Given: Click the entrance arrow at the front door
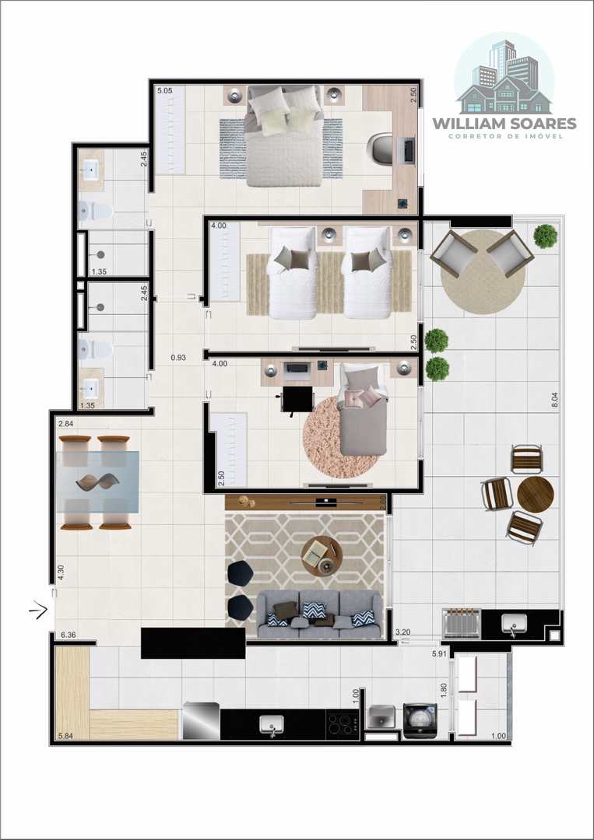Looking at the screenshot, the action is point(39,609).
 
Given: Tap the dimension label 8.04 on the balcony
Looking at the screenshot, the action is point(555,400).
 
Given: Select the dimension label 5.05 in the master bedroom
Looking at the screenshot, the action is point(164,91).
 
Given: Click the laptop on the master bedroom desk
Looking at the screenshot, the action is point(408,151).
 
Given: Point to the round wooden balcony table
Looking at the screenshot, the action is point(535,495).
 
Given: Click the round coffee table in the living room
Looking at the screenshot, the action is point(322,556).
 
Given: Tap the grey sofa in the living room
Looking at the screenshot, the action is point(320,614).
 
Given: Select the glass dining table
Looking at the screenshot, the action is point(98,482).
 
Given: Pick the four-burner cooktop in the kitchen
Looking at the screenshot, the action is point(342,724).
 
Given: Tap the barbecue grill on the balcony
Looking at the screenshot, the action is point(461,623).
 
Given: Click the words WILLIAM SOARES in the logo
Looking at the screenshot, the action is point(504,124).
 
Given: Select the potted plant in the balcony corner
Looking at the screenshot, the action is point(545,236).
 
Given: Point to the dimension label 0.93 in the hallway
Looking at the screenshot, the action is point(178,357).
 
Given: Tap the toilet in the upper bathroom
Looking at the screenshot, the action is point(95,211).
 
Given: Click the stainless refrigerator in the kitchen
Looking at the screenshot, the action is point(202,721).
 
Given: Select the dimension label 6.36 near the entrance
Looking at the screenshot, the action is point(68,635).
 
